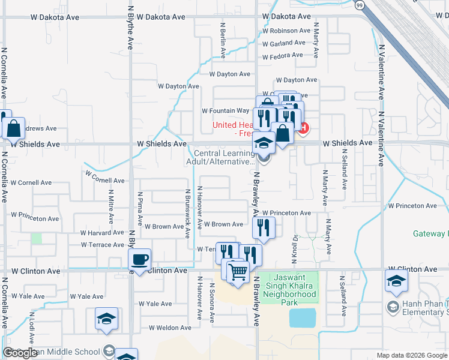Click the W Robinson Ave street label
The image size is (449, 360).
[286, 31]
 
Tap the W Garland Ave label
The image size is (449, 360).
[283, 43]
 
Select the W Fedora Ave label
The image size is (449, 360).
[282, 55]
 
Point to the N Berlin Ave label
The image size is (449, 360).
[223, 41]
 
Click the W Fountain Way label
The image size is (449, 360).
[225, 110]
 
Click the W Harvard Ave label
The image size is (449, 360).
[102, 233]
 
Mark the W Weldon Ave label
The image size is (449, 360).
[170, 328]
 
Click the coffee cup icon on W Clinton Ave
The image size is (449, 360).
[140, 260]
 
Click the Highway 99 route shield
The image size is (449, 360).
[358, 5]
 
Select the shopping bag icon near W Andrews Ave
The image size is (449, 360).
[13, 128]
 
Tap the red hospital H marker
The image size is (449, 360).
[304, 127]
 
